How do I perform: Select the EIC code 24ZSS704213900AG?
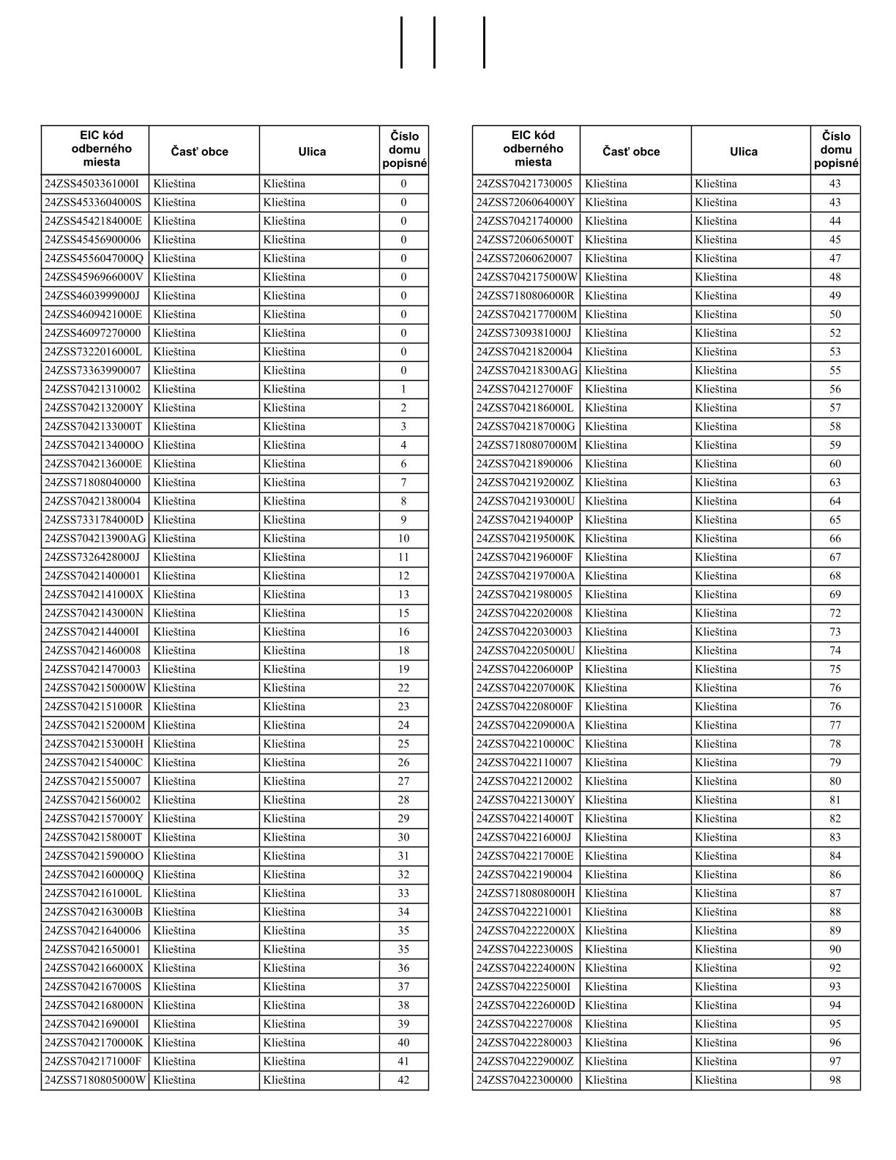pyautogui.click(x=95, y=539)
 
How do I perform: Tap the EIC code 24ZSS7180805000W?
pyautogui.click(x=95, y=1080)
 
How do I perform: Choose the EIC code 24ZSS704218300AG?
pyautogui.click(x=526, y=371)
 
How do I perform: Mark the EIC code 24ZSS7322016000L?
pyautogui.click(x=94, y=352)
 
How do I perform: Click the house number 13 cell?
pyautogui.click(x=403, y=595)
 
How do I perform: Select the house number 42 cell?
pyautogui.click(x=403, y=1080)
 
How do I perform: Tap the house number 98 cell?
pyautogui.click(x=835, y=1080)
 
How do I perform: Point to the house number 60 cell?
pyautogui.click(x=835, y=464)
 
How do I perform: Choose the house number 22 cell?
pyautogui.click(x=403, y=688)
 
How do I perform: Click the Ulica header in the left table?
pyautogui.click(x=312, y=152)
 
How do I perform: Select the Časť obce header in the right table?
pyautogui.click(x=631, y=152)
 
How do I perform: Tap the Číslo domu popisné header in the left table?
pyautogui.click(x=404, y=150)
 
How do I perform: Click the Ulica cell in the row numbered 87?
pyautogui.click(x=750, y=893)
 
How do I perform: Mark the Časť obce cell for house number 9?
pyautogui.click(x=204, y=520)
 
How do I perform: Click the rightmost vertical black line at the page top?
pyautogui.click(x=484, y=42)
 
